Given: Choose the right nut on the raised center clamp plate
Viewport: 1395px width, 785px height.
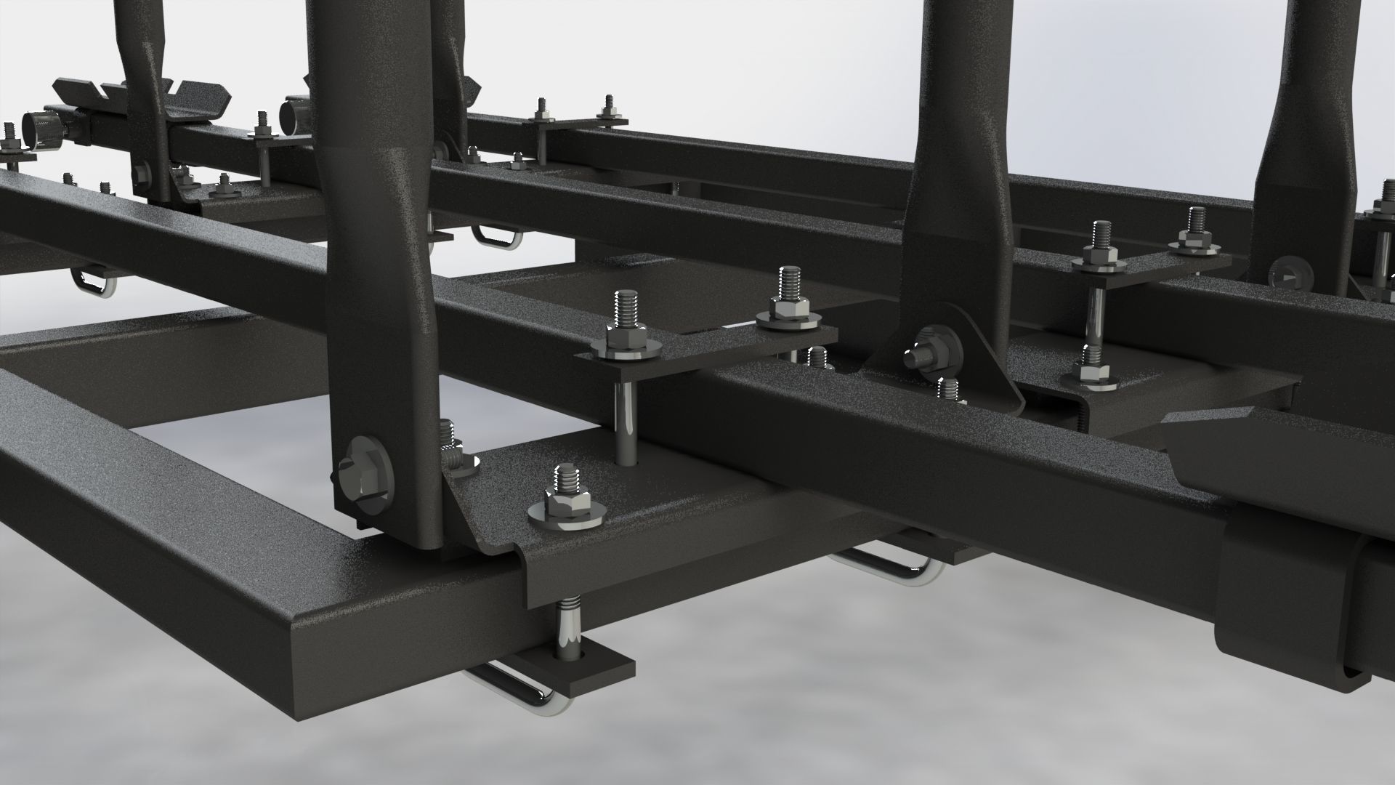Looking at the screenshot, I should [786, 309].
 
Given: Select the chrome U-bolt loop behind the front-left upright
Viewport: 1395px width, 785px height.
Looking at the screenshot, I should [494, 236].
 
